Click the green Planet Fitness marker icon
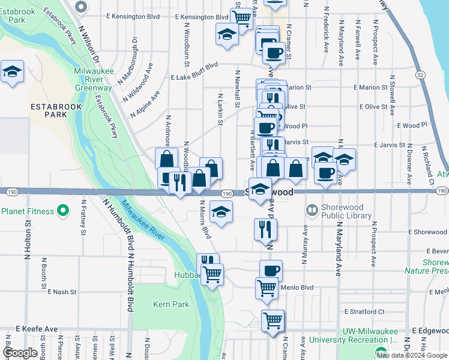click(61, 211)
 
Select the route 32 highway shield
click(420, 75)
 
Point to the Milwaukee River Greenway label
click(93, 79)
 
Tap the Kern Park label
click(170, 304)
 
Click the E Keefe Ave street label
click(37, 329)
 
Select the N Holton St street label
click(27, 239)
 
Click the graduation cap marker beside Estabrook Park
click(12, 72)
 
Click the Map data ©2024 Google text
click(412, 355)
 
